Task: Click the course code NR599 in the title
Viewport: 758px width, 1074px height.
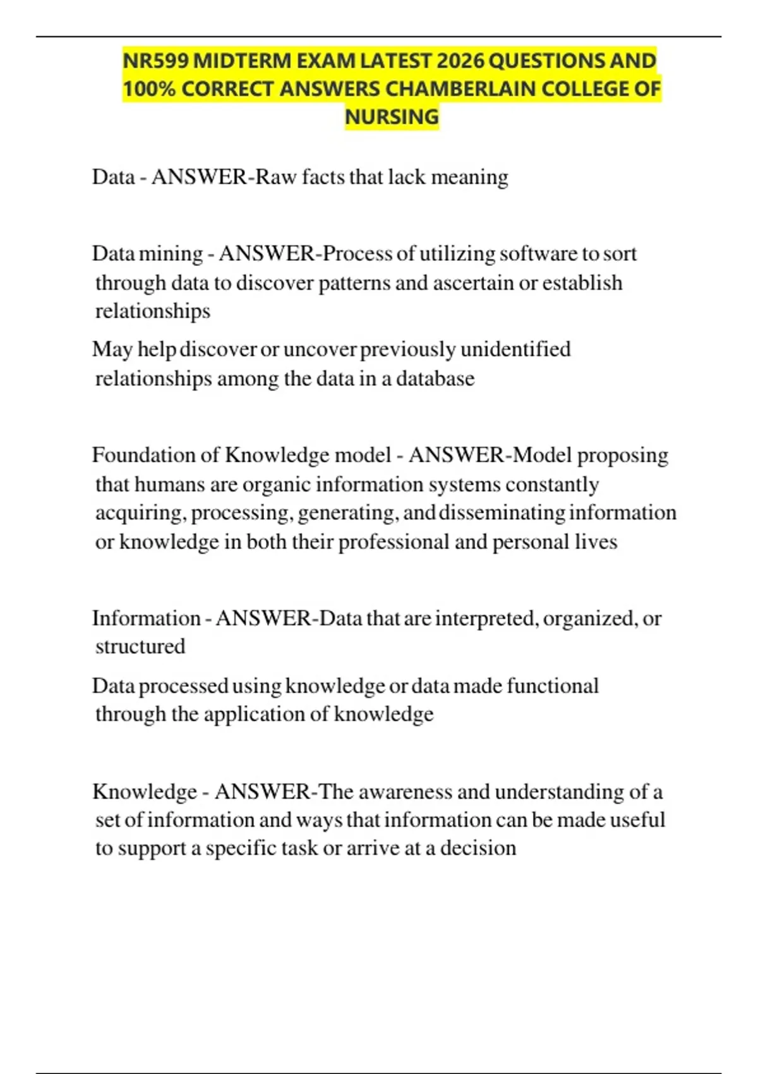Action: [x=155, y=61]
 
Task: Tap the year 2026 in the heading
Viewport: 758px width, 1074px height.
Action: [x=460, y=61]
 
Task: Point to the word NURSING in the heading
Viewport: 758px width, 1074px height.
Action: [x=392, y=117]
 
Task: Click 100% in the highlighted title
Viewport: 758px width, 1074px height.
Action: [x=149, y=89]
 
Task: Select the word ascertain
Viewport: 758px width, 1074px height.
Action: [x=472, y=282]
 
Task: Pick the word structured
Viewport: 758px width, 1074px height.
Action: [x=140, y=646]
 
